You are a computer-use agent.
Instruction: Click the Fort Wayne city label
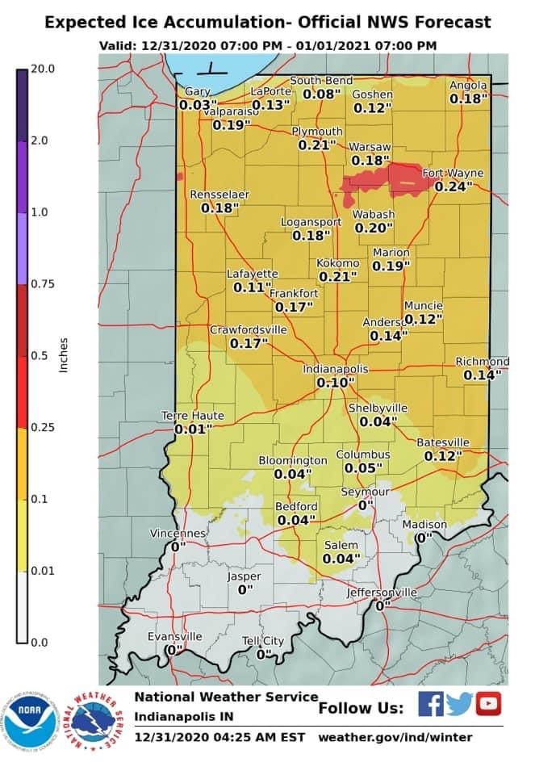pos(453,173)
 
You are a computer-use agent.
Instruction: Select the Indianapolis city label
pos(335,369)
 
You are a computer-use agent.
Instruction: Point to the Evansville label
pos(174,636)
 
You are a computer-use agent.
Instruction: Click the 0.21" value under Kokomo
pos(337,277)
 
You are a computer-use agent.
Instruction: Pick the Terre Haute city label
pos(192,415)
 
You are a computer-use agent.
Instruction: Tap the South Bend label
pos(321,81)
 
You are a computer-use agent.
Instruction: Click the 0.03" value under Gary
pos(199,105)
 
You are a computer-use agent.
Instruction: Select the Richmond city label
pos(482,361)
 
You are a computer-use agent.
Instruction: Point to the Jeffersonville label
pos(382,592)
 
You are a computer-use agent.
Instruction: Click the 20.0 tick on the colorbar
pos(42,69)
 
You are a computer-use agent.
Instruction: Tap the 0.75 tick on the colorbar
pos(42,284)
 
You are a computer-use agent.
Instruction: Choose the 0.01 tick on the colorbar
pos(42,571)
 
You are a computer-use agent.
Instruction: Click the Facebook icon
pos(430,705)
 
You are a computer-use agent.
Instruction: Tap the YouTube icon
pos(487,705)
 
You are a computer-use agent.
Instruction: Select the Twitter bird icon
pos(458,705)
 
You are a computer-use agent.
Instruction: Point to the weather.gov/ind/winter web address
pos(395,737)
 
